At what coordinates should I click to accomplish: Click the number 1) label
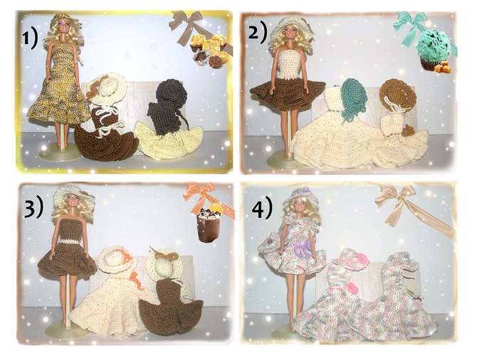point(30,40)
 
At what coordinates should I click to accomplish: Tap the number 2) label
point(258,33)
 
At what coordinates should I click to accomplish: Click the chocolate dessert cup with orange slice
point(209,223)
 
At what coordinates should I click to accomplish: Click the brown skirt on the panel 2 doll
point(287,89)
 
